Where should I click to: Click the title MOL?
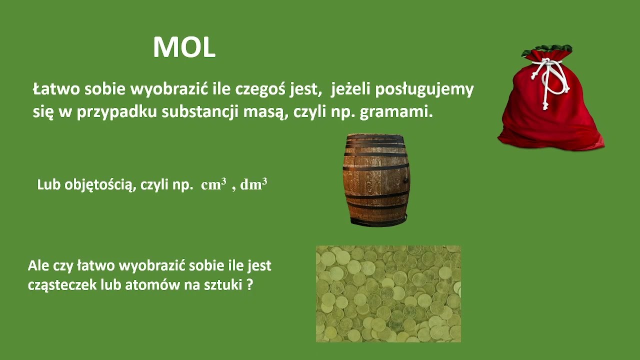point(184,48)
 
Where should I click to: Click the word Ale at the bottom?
point(38,265)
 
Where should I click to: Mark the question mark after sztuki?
point(249,285)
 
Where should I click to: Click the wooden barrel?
point(376,180)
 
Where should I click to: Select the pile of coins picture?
point(388,293)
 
